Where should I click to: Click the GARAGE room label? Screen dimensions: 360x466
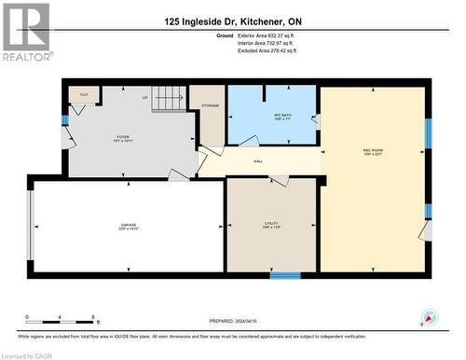pos(128,226)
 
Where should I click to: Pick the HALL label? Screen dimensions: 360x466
pos(257,161)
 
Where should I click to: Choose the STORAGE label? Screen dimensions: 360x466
pos(210,106)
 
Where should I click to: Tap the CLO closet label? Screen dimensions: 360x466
pos(84,95)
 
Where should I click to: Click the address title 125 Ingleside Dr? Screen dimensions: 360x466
pos(233,21)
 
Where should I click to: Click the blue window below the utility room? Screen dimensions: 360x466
pos(285,275)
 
